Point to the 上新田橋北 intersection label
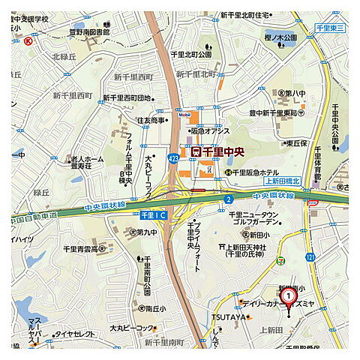(x=282, y=181)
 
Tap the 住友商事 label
(x=151, y=119)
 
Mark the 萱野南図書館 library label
(x=90, y=33)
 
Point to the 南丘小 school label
(x=154, y=307)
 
